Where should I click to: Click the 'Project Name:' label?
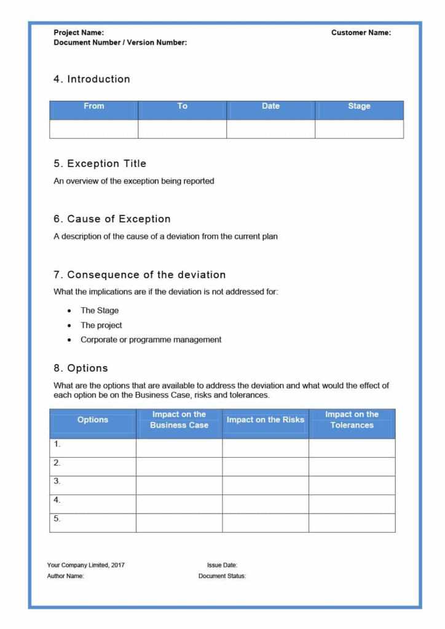(79, 33)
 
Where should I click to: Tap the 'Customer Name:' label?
(361, 33)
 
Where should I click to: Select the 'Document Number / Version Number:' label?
(120, 42)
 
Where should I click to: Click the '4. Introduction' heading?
(92, 79)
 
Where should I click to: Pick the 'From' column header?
(93, 106)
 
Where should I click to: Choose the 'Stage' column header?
(359, 106)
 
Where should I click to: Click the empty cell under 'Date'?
(270, 129)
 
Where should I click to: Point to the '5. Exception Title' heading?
(100, 164)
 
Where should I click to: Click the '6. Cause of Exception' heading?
(112, 219)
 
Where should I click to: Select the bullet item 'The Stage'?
(100, 310)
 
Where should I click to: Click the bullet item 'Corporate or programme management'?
(151, 340)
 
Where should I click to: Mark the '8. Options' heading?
(81, 369)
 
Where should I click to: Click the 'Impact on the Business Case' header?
(179, 420)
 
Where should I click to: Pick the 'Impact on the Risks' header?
(266, 420)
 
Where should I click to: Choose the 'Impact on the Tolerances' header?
(352, 420)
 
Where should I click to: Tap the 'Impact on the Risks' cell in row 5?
(266, 523)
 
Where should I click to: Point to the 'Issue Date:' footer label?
(222, 565)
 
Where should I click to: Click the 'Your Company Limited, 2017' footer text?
(85, 565)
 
